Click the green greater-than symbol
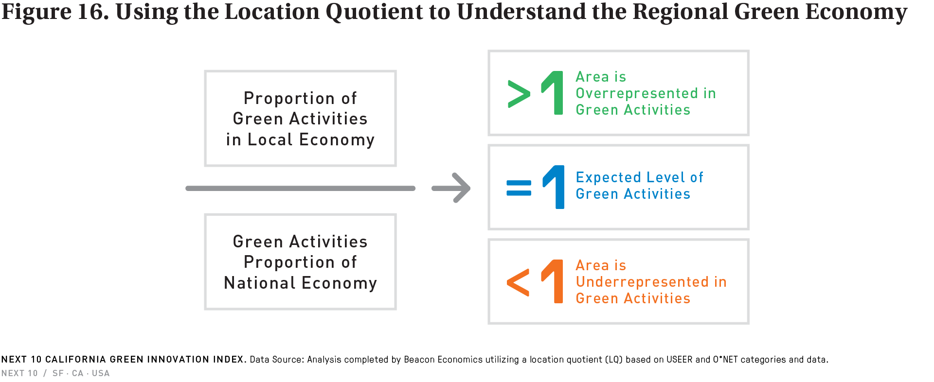[519, 93]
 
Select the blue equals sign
[519, 188]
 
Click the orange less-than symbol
[518, 282]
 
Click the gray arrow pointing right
[451, 188]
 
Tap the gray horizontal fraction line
[300, 188]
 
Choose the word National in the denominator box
[260, 283]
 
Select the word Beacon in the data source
[419, 360]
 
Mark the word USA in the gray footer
[101, 373]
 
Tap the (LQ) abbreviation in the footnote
[614, 360]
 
